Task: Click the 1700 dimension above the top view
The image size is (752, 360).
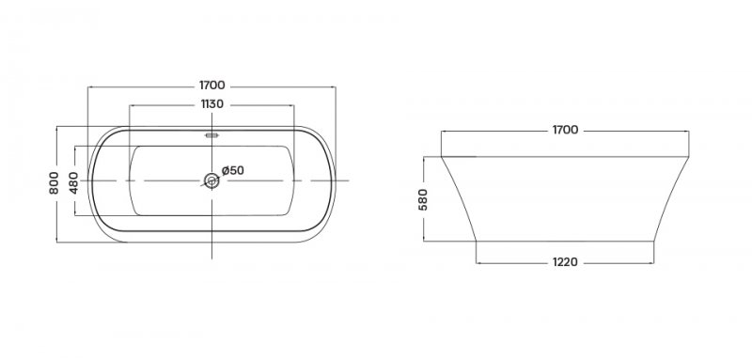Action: point(212,86)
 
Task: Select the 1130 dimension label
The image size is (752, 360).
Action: point(212,104)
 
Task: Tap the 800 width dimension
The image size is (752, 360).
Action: point(54,182)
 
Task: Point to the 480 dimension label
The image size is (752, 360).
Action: point(73,182)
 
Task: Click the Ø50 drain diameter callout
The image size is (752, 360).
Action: point(233,170)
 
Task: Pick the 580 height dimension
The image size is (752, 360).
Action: point(422,199)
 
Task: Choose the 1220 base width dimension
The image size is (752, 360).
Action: point(565,262)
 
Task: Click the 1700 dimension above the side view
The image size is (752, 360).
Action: point(565,130)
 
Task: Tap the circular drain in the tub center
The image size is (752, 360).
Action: point(211,180)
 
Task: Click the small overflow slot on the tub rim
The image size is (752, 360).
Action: point(211,135)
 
